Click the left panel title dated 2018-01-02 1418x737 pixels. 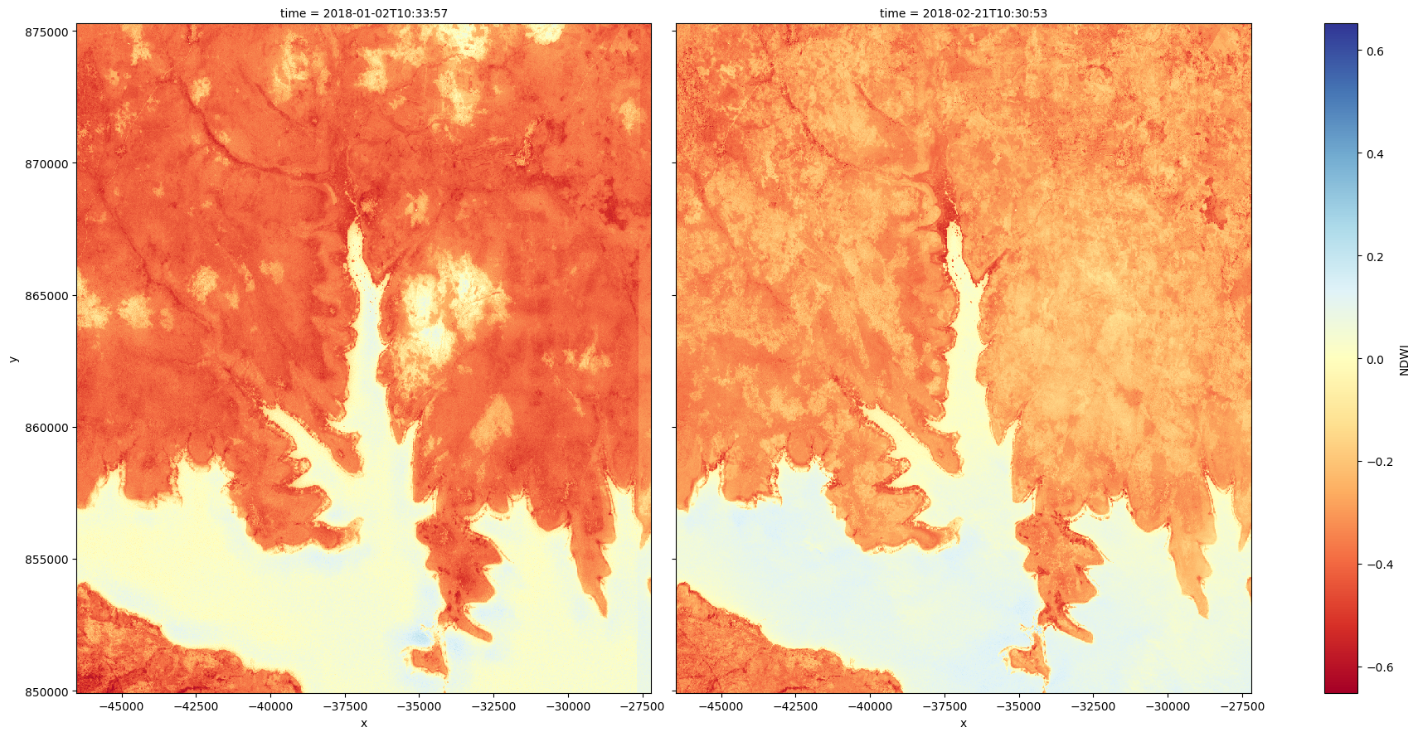coord(363,13)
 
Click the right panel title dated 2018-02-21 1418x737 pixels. coord(963,13)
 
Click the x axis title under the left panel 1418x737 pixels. coord(363,723)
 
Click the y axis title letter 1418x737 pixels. coord(13,358)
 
